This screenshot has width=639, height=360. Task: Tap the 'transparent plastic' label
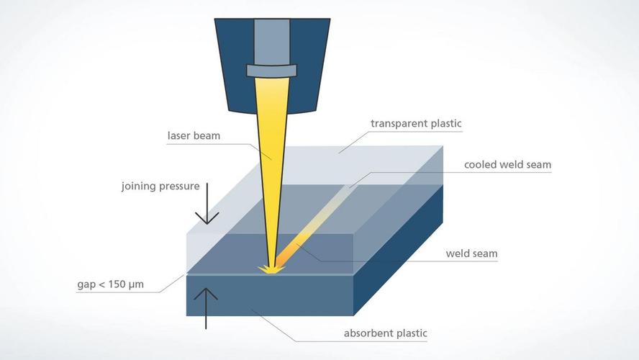tap(416, 123)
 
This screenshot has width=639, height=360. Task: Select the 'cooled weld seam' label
tap(507, 165)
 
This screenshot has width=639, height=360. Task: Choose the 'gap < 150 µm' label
tap(110, 284)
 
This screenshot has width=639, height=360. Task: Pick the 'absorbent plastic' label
tap(386, 333)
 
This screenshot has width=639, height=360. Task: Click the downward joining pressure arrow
tap(207, 204)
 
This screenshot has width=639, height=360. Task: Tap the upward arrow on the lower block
tap(207, 307)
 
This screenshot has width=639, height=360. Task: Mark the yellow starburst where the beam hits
tap(272, 270)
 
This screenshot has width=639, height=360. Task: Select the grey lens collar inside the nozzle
tap(273, 71)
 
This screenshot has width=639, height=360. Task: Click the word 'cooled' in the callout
tap(481, 165)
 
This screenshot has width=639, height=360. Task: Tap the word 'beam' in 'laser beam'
tap(209, 135)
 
